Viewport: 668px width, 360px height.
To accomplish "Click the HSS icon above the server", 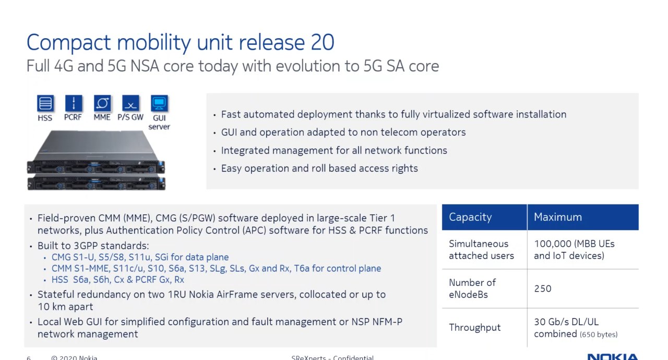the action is [45, 103].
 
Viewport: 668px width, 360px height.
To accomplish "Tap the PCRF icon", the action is [74, 103].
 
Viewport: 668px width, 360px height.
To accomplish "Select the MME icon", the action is [102, 103].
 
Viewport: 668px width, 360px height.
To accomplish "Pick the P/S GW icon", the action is [130, 103].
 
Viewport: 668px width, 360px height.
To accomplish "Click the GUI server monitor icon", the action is [159, 103].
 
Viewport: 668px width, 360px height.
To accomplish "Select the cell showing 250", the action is [543, 289].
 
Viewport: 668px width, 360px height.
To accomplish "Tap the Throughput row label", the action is [475, 328].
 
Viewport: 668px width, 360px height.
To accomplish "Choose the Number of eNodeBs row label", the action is [472, 289].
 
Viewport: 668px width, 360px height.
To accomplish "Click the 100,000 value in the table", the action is [552, 244].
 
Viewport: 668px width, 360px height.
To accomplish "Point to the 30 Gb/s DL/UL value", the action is [566, 322].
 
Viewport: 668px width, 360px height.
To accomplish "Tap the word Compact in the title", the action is [68, 43].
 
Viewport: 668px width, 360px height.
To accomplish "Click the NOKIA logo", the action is [613, 357].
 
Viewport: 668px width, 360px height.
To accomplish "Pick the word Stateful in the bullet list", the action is [55, 294].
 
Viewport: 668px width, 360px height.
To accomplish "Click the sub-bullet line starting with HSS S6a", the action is [118, 280].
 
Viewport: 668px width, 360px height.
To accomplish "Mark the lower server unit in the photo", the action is [96, 183].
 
